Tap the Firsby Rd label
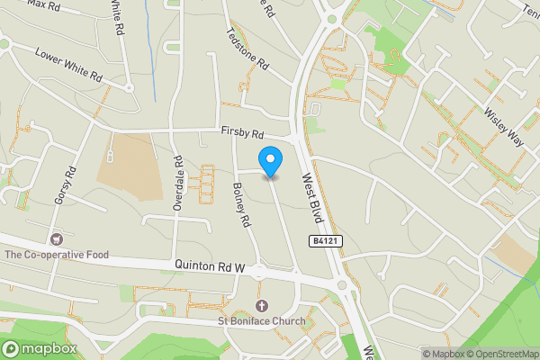point(243,134)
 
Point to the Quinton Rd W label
point(211,265)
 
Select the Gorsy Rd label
point(62,184)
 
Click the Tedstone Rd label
point(248,49)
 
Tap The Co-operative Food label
point(56,255)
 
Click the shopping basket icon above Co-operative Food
point(57,239)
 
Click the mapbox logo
point(40,348)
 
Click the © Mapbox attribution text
point(443,353)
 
